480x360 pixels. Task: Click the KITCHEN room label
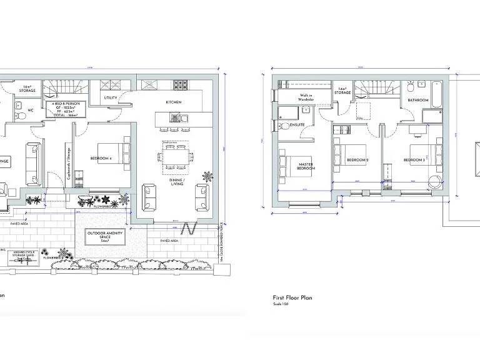point(173,102)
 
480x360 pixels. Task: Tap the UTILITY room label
point(111,98)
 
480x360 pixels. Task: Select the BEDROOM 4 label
point(101,159)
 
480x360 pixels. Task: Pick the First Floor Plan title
point(292,298)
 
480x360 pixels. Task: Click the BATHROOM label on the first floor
point(418,100)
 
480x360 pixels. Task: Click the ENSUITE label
point(297,125)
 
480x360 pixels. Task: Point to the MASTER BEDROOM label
point(306,167)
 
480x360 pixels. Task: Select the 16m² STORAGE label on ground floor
point(27,89)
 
